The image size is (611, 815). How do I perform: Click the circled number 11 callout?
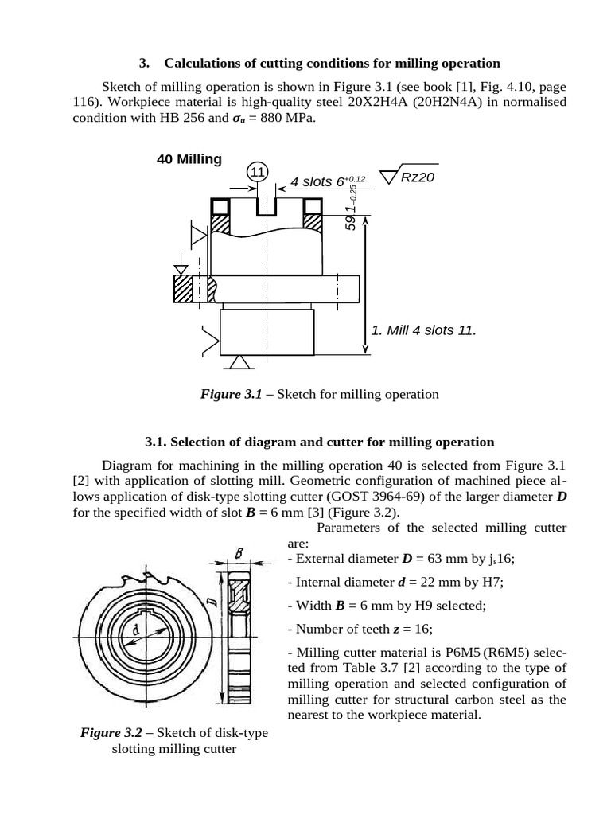coord(258,173)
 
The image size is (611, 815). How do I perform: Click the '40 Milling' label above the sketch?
coord(189,159)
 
